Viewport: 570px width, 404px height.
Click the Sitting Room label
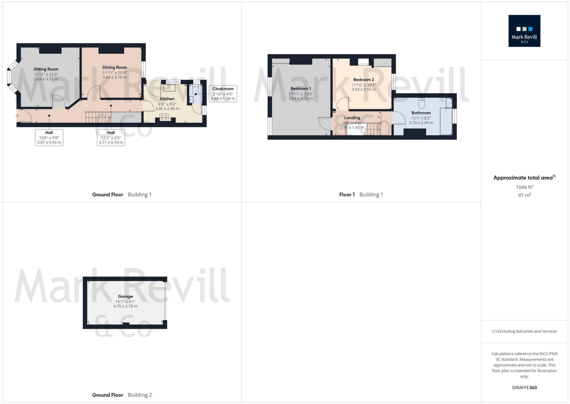pyautogui.click(x=46, y=69)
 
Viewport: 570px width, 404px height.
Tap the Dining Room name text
pyautogui.click(x=115, y=67)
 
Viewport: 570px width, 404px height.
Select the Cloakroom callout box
pyautogui.click(x=223, y=94)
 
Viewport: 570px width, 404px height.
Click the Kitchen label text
pyautogui.click(x=167, y=99)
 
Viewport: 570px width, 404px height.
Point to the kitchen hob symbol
pyautogui.click(x=164, y=117)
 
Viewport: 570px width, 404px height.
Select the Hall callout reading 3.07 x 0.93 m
pyautogui.click(x=49, y=137)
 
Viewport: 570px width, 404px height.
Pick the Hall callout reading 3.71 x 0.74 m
pyautogui.click(x=111, y=137)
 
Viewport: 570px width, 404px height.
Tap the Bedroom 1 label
pyautogui.click(x=300, y=89)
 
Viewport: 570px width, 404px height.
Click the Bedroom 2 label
pyautogui.click(x=364, y=80)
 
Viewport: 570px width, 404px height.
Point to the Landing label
pyautogui.click(x=352, y=118)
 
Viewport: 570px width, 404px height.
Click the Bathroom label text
pyautogui.click(x=421, y=113)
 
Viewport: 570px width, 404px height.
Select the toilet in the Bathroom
pyautogui.click(x=421, y=104)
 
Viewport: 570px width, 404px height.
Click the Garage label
pyautogui.click(x=125, y=296)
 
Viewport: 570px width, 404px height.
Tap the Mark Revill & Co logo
pyautogui.click(x=524, y=31)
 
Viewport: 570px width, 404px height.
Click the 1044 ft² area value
pyautogui.click(x=524, y=187)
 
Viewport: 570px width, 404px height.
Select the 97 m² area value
pyautogui.click(x=524, y=195)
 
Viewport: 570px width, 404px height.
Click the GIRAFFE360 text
pyautogui.click(x=524, y=388)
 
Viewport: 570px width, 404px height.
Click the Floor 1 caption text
pyautogui.click(x=347, y=195)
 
